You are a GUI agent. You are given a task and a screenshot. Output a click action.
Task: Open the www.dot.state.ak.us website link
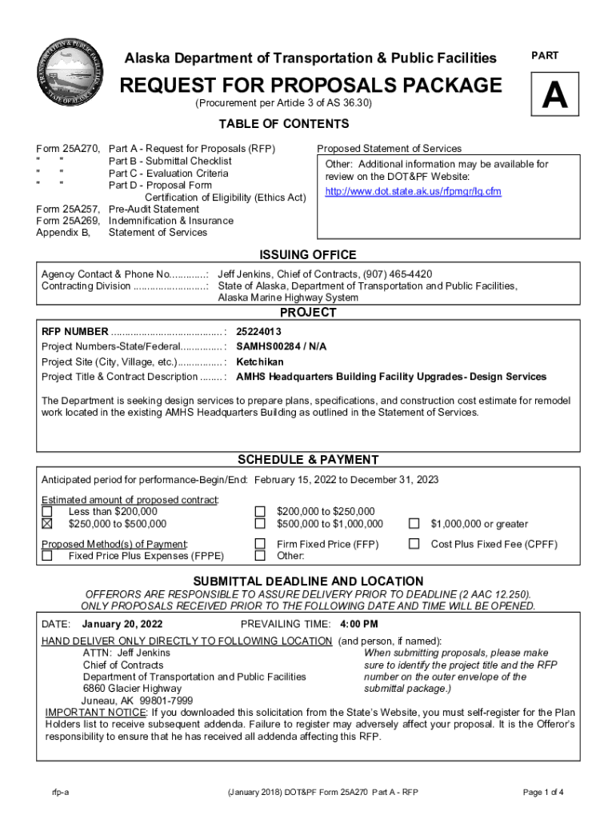413,192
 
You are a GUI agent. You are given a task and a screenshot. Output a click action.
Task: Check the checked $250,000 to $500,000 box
47,524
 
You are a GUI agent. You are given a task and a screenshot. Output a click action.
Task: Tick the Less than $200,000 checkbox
47,512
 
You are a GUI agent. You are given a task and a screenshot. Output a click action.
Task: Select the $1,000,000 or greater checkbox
414,524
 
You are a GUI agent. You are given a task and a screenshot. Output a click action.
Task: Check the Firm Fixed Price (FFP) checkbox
259,544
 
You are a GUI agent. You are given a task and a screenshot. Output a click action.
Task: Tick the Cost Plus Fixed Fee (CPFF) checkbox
414,544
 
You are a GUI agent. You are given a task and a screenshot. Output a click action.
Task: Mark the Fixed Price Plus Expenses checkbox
47,556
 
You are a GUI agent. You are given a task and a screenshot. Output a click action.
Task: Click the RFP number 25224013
259,331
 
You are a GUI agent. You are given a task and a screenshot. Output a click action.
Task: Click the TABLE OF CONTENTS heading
284,124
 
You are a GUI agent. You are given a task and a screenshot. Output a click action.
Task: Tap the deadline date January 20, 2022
122,624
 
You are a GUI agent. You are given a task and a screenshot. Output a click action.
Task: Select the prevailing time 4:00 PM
359,624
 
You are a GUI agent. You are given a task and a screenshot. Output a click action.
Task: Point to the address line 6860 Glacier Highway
132,689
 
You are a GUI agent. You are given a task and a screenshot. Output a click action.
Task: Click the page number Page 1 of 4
544,793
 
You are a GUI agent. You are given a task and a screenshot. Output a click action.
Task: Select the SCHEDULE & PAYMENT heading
308,460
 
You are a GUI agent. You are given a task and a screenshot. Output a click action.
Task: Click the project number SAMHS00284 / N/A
282,346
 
